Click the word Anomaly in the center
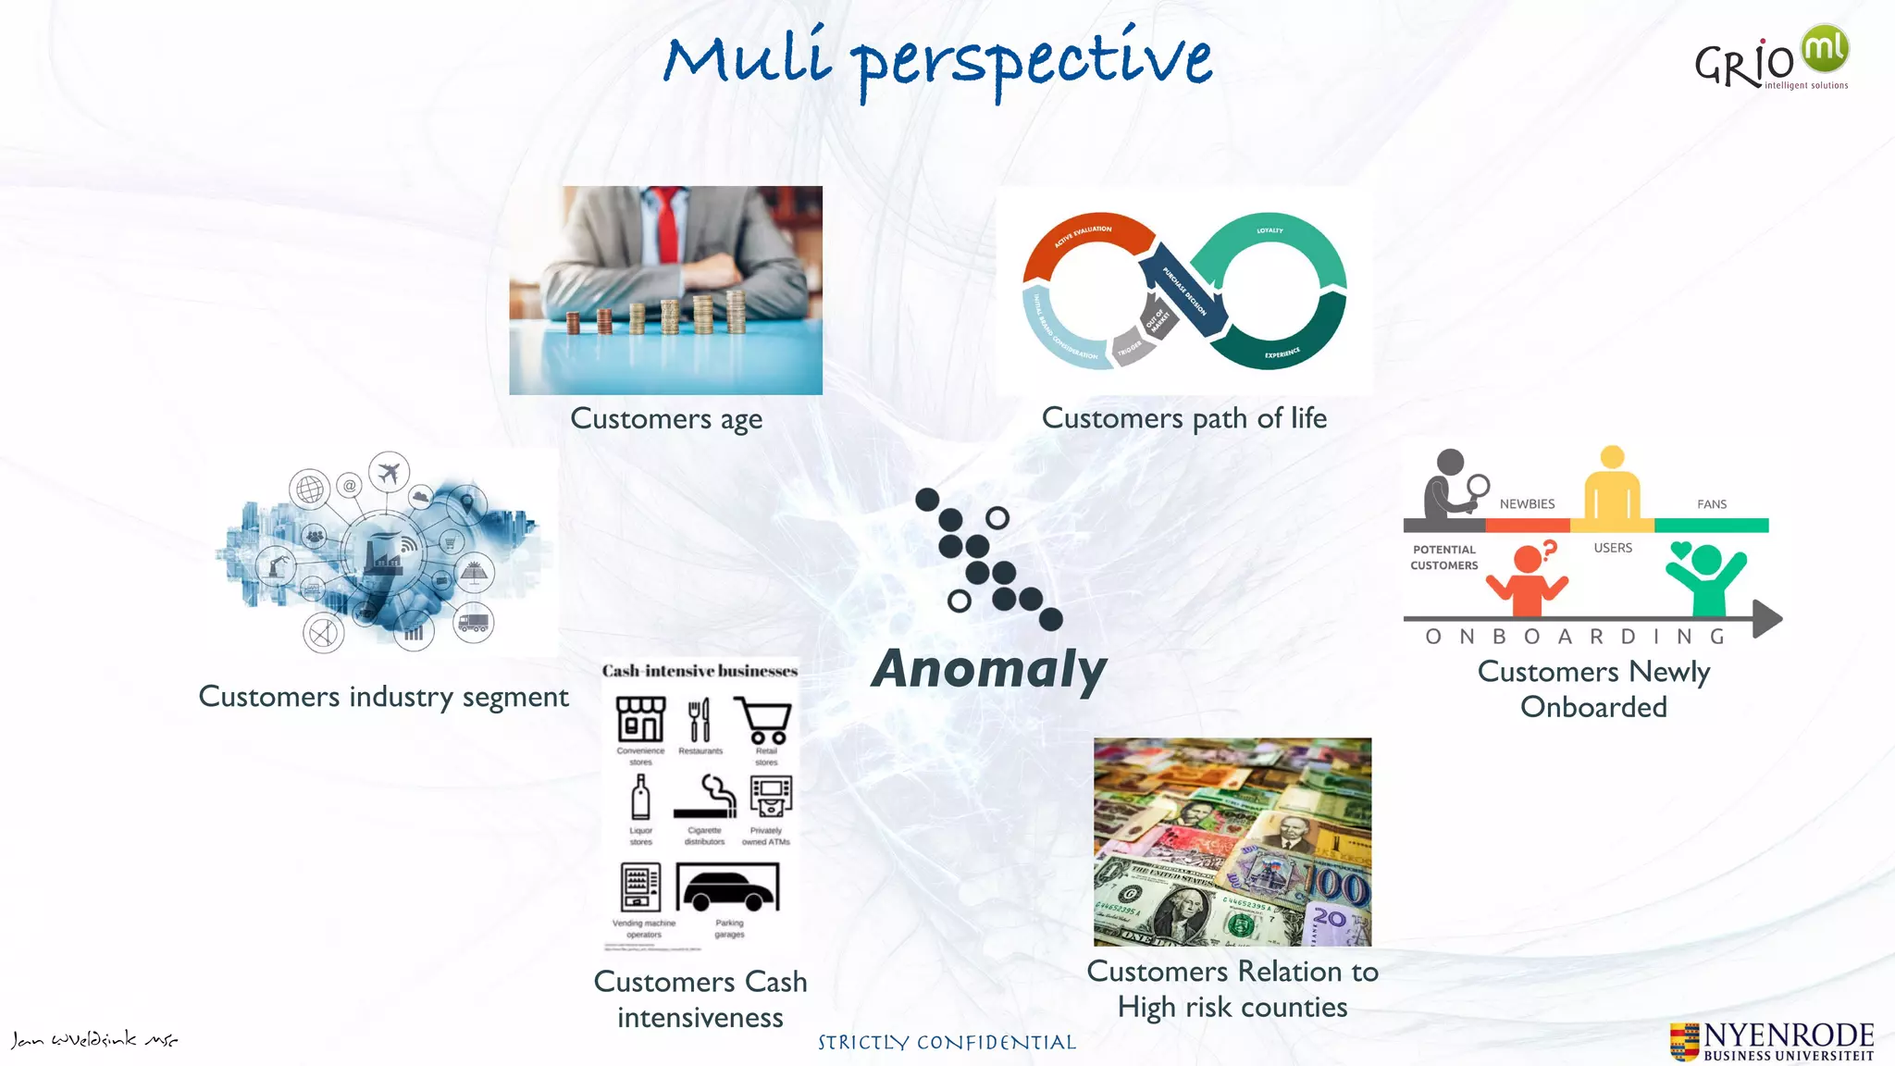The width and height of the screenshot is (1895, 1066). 988,669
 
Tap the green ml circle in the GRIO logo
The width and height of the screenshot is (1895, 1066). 1824,48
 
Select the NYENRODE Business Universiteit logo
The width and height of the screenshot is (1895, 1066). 1772,1041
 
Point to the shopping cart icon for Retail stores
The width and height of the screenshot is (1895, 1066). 763,720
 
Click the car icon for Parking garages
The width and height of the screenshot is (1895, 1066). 728,889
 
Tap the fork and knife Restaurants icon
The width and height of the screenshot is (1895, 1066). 700,720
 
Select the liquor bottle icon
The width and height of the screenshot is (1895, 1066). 640,797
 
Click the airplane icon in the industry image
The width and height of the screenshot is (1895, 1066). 389,472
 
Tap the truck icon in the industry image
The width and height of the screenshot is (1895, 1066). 473,623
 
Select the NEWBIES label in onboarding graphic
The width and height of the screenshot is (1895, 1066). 1527,504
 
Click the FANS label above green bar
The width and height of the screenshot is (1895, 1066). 1711,504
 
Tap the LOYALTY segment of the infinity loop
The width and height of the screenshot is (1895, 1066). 1270,231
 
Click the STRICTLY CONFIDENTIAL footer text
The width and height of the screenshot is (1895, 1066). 947,1043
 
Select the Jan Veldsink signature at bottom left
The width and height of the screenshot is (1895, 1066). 93,1039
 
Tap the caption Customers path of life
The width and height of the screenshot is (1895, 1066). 1183,418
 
